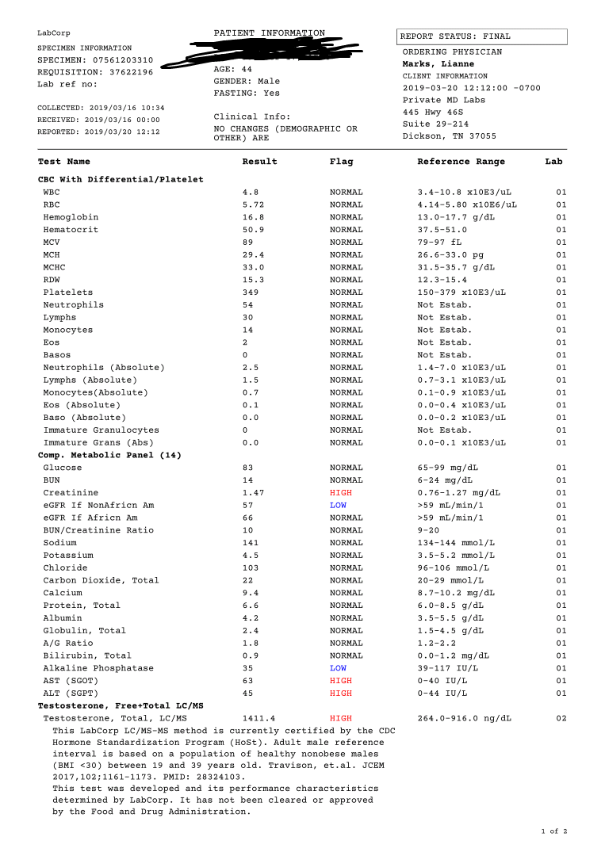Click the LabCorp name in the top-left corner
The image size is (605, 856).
[x=53, y=32]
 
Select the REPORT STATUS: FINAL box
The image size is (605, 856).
[x=481, y=36]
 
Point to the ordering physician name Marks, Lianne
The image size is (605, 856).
[x=438, y=64]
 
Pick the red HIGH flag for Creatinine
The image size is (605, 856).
[x=341, y=493]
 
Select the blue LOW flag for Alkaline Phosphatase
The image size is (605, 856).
[x=339, y=668]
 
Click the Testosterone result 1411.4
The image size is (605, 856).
[x=258, y=718]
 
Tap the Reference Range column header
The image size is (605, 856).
[x=461, y=162]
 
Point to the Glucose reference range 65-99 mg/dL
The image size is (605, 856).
[x=447, y=468]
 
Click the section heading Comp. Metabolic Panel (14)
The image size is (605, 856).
[x=109, y=455]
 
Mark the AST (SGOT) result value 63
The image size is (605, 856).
[x=248, y=681]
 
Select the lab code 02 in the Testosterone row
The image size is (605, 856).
[x=561, y=718]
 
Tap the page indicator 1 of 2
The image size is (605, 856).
[x=554, y=831]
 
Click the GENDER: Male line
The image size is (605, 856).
[x=247, y=81]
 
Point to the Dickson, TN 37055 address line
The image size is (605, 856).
[x=450, y=136]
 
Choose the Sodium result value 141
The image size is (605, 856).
[x=251, y=543]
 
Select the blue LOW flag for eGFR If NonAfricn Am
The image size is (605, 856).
[x=339, y=505]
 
